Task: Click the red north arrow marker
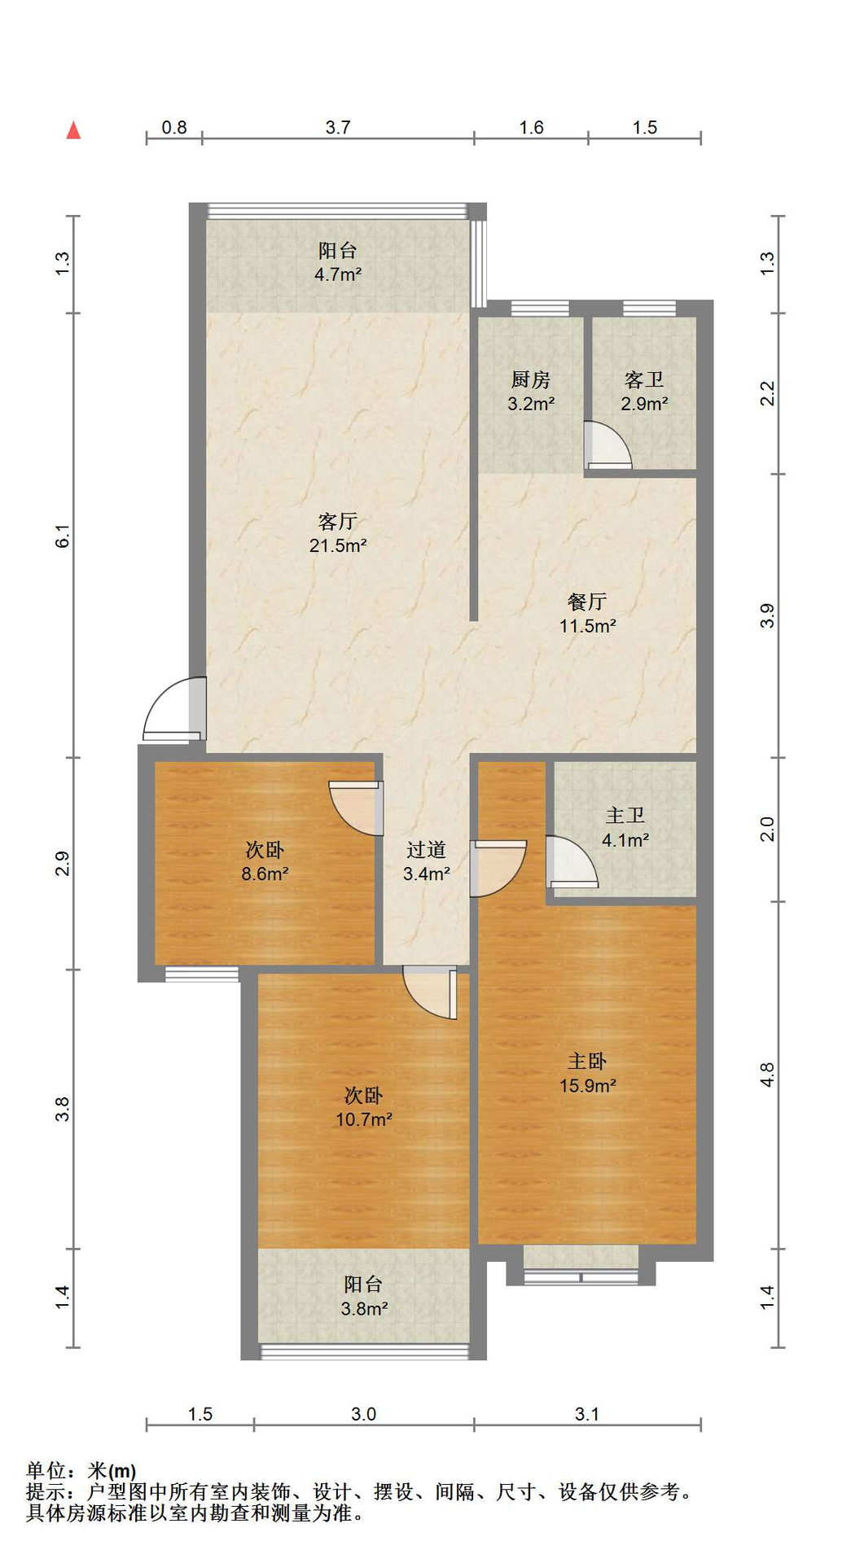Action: click(x=73, y=130)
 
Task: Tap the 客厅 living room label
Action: click(x=338, y=521)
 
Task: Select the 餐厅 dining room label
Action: click(x=587, y=602)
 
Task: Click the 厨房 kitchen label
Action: click(x=531, y=379)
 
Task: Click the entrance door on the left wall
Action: click(x=173, y=709)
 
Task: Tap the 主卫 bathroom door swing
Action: click(x=572, y=861)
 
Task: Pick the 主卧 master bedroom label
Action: click(x=587, y=1062)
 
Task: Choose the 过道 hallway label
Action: click(x=427, y=850)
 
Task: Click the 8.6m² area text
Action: click(x=265, y=874)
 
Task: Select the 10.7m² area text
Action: click(x=364, y=1119)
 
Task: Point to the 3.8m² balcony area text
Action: click(x=364, y=1309)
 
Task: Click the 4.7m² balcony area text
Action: click(x=338, y=274)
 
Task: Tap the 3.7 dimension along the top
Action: click(x=338, y=128)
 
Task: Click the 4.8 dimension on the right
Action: click(x=767, y=1075)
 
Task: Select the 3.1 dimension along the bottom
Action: click(x=587, y=1414)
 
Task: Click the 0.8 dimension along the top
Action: click(x=174, y=128)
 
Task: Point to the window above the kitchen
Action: click(x=540, y=309)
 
